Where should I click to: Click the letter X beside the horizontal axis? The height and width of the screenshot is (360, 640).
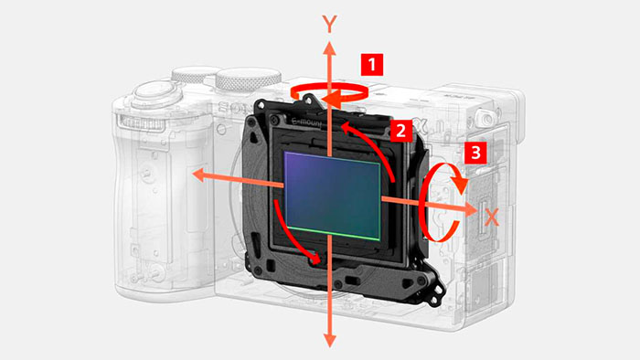[x=492, y=217]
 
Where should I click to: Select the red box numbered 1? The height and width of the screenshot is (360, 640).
[x=372, y=65]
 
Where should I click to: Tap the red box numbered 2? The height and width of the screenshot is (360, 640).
[x=400, y=131]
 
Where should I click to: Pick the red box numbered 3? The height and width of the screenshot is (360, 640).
[x=475, y=153]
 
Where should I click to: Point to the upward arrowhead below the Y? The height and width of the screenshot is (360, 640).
[x=329, y=48]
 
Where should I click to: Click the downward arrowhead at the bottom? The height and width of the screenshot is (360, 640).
[x=329, y=340]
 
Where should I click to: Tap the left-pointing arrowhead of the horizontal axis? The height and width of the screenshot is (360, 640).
[x=198, y=175]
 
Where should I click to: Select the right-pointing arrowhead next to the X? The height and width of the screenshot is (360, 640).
[x=471, y=209]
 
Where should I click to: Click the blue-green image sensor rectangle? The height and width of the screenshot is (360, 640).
[x=333, y=196]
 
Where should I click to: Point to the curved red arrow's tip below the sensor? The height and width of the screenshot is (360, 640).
[x=315, y=259]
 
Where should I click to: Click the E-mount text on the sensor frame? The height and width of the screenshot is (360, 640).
[x=307, y=122]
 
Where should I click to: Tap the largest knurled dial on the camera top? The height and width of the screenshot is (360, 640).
[x=248, y=79]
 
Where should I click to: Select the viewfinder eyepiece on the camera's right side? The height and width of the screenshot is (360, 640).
[x=485, y=118]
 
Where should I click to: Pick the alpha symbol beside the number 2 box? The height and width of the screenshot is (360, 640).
[x=421, y=127]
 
